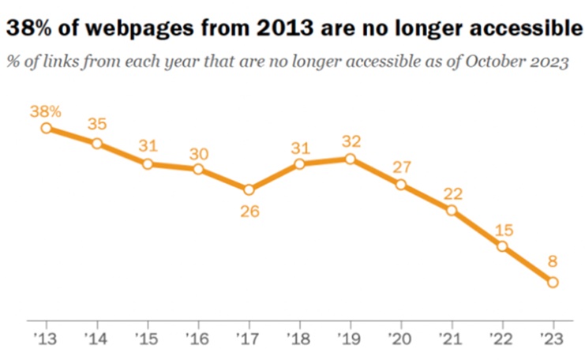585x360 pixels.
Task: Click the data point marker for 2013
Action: tap(47, 128)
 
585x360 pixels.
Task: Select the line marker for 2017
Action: tap(249, 189)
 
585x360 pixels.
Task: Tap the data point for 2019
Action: tap(350, 159)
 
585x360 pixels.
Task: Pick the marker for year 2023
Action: tap(553, 283)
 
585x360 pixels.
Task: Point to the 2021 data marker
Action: tap(452, 210)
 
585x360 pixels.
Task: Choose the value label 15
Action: tap(502, 228)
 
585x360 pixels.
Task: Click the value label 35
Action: tap(97, 125)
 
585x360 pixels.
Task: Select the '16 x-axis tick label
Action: tap(197, 337)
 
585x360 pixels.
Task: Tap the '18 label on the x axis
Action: tap(298, 337)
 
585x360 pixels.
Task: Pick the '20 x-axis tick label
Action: tap(399, 337)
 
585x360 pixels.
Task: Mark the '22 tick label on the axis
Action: tap(501, 337)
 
